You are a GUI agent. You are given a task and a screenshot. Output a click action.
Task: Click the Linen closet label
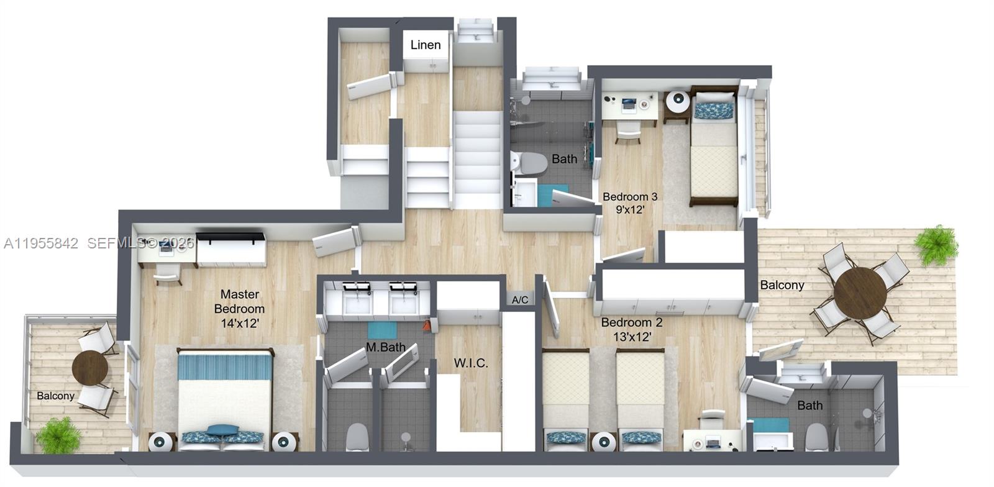(x=426, y=45)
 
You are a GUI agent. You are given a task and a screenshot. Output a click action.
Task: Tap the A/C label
(x=520, y=300)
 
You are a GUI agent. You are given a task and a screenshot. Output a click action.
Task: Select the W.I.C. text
(x=471, y=363)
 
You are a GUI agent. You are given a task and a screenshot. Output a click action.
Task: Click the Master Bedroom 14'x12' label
(x=239, y=309)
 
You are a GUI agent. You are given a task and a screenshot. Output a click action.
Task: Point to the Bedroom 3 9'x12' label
(x=630, y=203)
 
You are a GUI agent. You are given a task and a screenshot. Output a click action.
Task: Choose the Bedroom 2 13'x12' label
(x=631, y=329)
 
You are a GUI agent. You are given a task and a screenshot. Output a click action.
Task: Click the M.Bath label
(x=385, y=347)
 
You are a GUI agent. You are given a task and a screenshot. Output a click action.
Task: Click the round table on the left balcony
(x=90, y=368)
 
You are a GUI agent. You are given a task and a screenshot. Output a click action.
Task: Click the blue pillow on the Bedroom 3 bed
(x=714, y=111)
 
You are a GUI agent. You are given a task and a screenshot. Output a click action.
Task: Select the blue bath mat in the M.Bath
(x=381, y=330)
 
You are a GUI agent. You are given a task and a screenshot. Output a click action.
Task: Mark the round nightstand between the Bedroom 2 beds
(x=603, y=442)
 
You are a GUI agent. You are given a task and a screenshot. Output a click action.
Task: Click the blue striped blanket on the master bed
(x=225, y=366)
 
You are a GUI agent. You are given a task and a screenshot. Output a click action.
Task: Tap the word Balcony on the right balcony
(x=782, y=285)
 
